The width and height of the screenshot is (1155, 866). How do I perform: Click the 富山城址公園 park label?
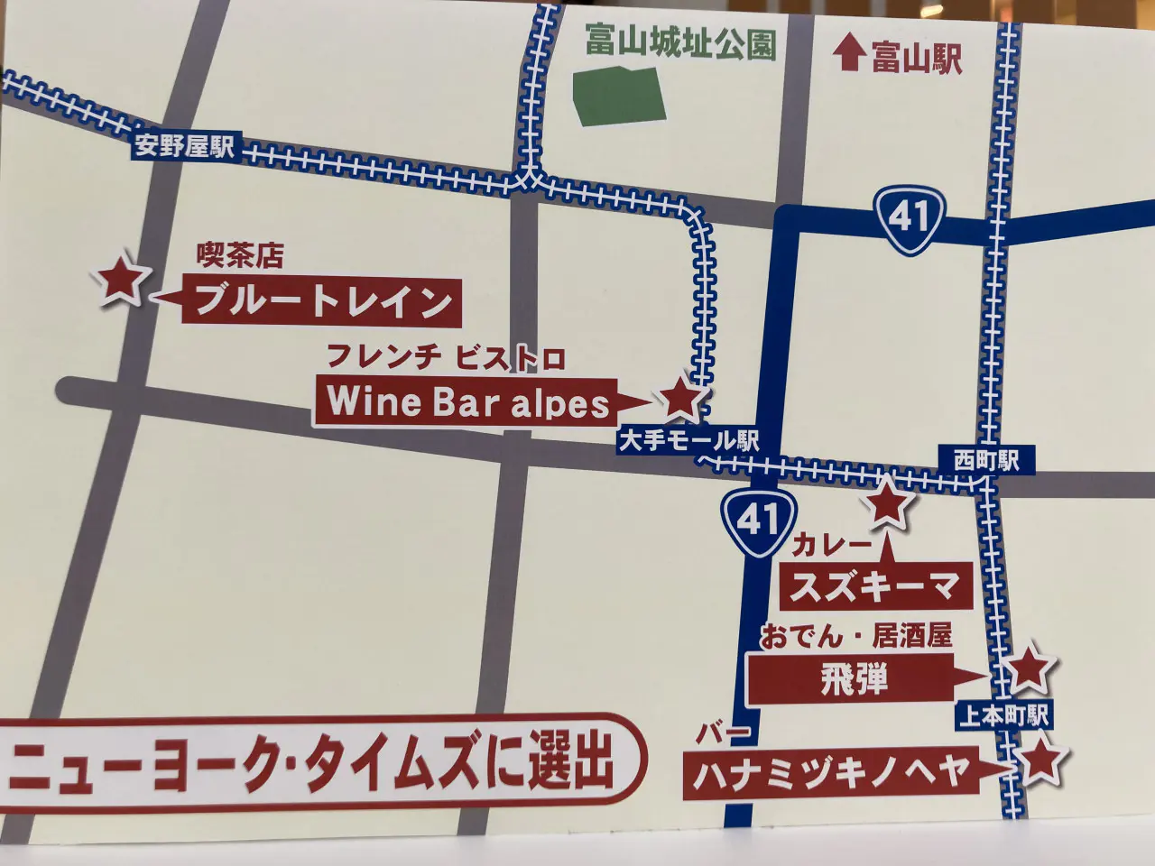click(679, 42)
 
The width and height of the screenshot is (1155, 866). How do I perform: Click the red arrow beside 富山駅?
click(847, 53)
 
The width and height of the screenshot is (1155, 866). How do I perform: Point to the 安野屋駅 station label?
click(184, 146)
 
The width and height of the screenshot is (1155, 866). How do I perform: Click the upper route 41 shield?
click(910, 219)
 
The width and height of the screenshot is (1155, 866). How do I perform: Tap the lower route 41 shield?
click(757, 519)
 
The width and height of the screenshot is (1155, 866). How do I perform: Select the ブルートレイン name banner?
click(323, 300)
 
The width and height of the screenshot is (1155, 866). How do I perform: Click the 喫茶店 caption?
click(240, 257)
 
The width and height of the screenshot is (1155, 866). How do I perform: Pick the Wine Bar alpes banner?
click(467, 401)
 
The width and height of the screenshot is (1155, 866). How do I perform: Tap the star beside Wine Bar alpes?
click(680, 398)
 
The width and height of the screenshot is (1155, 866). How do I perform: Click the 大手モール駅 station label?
click(688, 441)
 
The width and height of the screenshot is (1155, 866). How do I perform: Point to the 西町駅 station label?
click(986, 459)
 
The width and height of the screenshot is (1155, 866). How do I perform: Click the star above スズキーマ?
click(887, 503)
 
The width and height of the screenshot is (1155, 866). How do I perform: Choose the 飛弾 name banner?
click(854, 677)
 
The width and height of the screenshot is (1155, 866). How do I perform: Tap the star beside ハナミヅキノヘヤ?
click(1039, 761)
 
